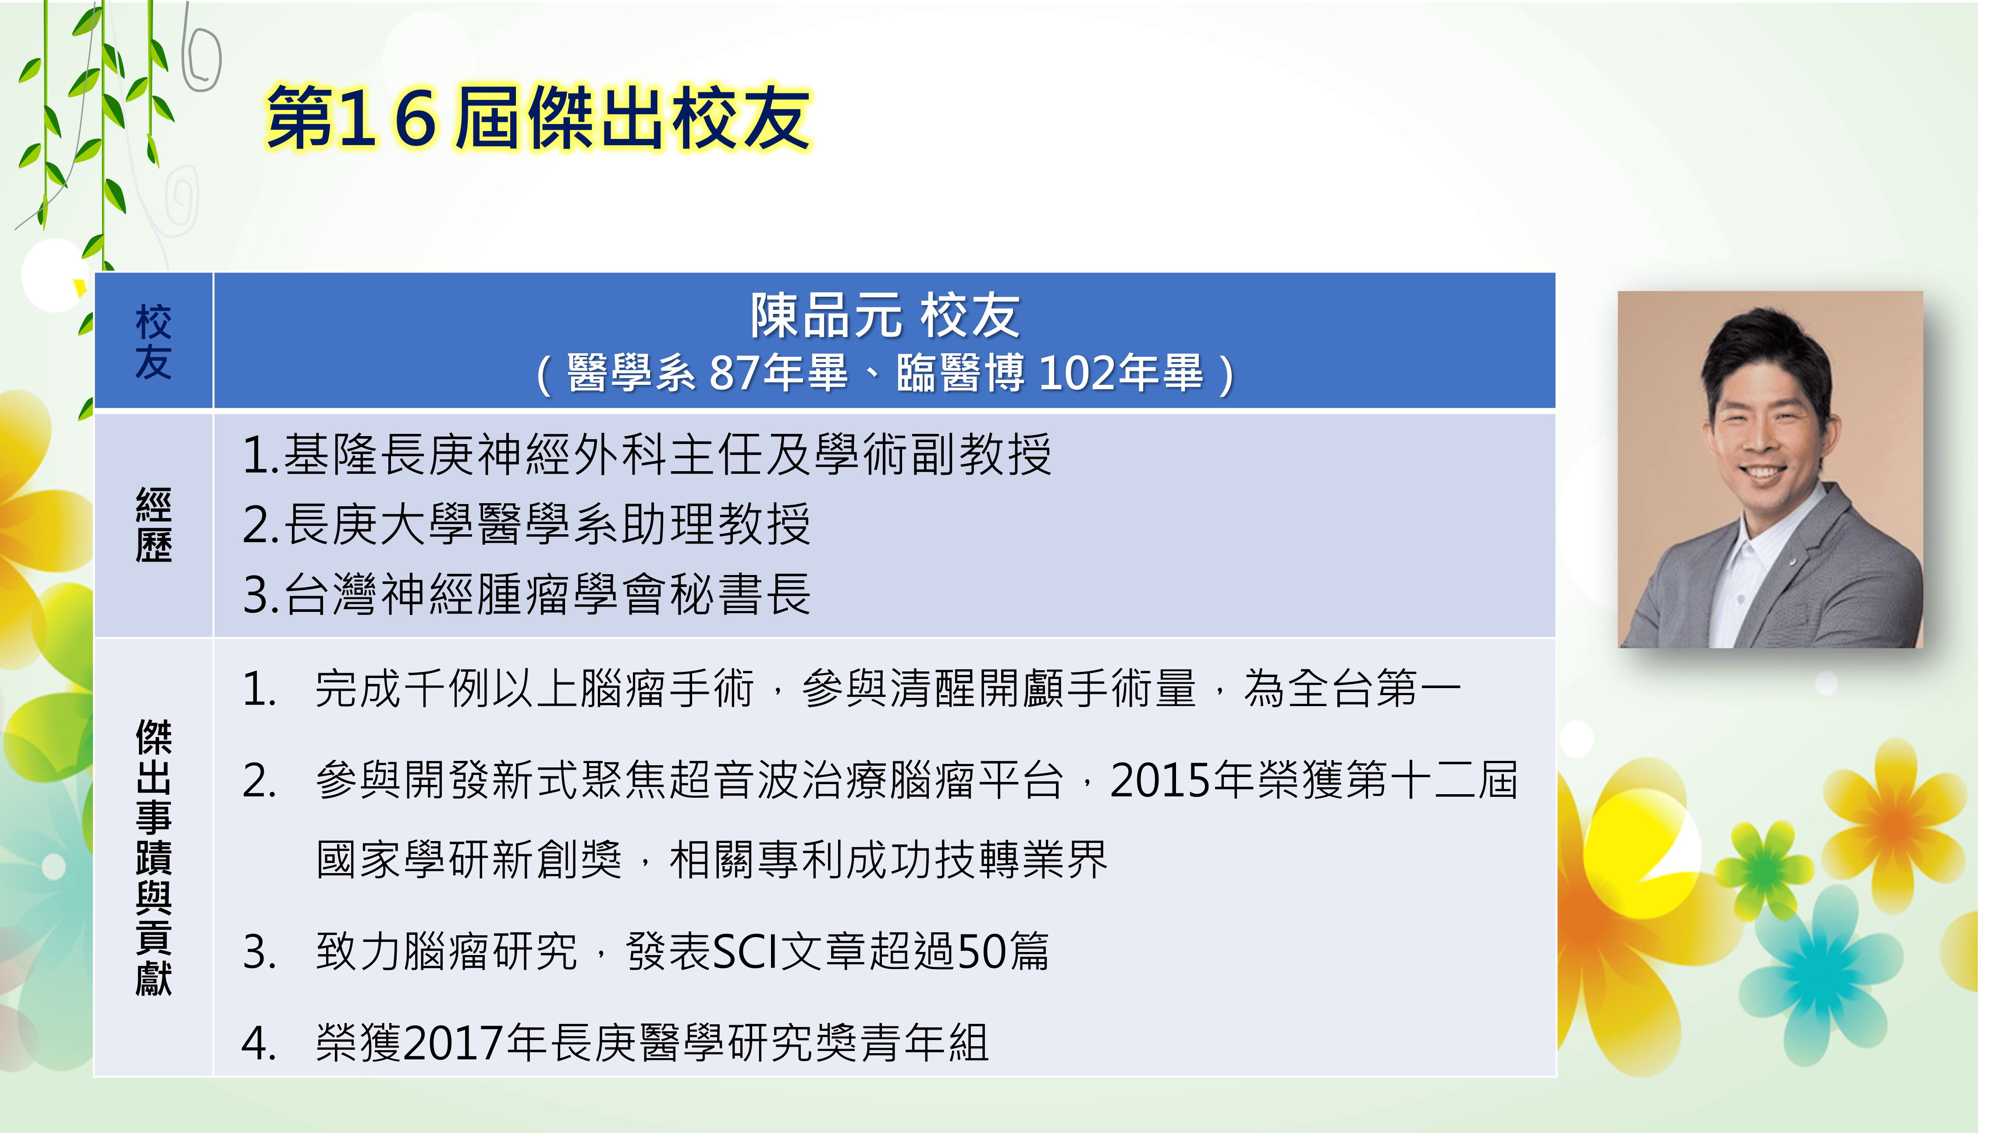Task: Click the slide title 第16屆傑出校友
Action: (x=538, y=118)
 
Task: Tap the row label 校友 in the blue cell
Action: (x=153, y=341)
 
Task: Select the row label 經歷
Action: (x=153, y=525)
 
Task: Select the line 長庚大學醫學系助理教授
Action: (x=527, y=525)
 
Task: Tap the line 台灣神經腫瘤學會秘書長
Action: (x=527, y=594)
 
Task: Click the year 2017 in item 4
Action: (x=454, y=1043)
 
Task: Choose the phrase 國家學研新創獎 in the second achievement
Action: (x=469, y=860)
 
